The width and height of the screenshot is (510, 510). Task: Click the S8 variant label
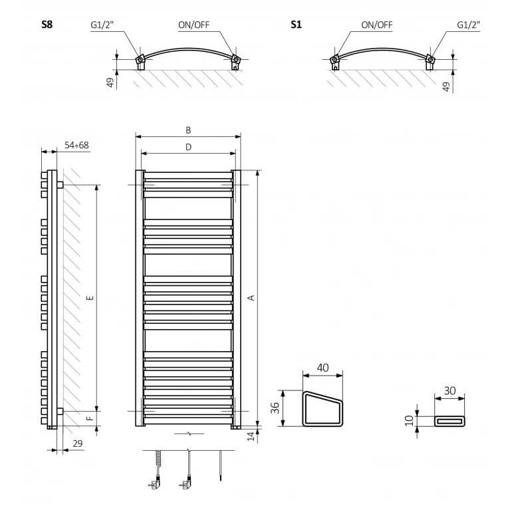pos(47,25)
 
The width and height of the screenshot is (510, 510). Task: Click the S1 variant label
pos(296,25)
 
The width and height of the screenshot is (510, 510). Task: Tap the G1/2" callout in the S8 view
pos(102,25)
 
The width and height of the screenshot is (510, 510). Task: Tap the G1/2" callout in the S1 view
pos(468,25)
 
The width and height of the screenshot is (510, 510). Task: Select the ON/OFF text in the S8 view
pos(194,25)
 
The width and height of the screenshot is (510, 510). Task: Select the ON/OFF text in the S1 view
pos(377,25)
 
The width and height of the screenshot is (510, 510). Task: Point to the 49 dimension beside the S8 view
pos(110,82)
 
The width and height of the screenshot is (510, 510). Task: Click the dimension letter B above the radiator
pos(188,130)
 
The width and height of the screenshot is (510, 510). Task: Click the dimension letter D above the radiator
pos(188,147)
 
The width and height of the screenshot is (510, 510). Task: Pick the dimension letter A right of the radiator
pos(251,297)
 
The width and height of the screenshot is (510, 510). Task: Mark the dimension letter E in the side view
pos(90,297)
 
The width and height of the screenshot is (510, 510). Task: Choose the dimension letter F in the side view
pos(90,418)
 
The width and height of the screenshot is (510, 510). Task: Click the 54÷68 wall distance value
pos(76,145)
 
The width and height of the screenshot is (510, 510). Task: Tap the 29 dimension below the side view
pos(77,444)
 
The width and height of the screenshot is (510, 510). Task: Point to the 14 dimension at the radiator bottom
pos(251,436)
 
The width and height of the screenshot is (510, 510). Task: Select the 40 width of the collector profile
pos(322,368)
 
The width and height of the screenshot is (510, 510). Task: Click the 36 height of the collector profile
pos(275,408)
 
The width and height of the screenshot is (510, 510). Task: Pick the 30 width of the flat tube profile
pos(450,390)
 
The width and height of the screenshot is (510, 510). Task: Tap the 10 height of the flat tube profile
pos(410,420)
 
